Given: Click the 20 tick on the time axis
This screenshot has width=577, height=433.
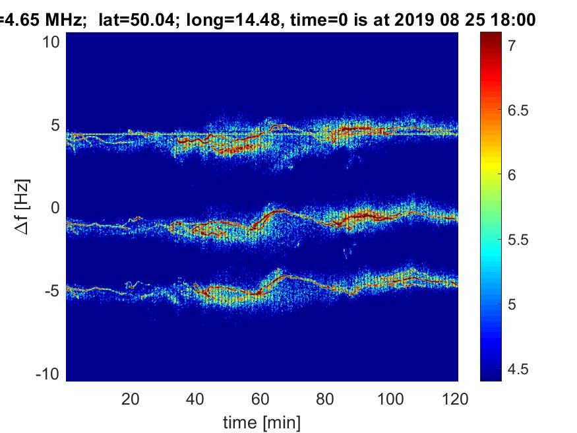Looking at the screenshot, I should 131,399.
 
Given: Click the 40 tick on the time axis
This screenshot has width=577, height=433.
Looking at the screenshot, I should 196,399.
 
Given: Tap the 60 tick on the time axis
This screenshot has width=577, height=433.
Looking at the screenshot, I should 261,399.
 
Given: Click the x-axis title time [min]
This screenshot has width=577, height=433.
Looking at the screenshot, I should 262,420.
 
